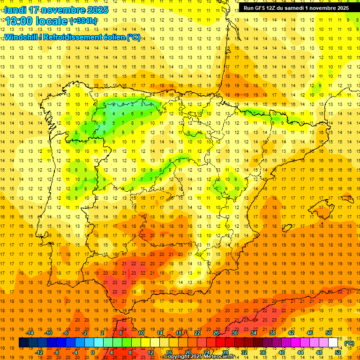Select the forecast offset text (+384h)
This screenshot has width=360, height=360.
pyautogui.click(x=83, y=21)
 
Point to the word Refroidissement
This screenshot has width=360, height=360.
pyautogui.click(x=75, y=37)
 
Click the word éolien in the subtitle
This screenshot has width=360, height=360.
pyautogui.click(x=115, y=37)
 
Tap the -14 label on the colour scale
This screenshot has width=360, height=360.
pyautogui.click(x=30, y=333)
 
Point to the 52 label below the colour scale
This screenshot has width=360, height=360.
pyautogui.click(x=338, y=352)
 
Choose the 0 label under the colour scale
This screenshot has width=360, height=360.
pyautogui.click(x=93, y=352)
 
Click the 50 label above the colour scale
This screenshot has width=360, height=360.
pyautogui.click(x=329, y=333)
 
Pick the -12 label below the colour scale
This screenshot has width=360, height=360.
pyautogui.click(x=39, y=352)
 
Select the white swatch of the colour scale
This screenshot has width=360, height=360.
pyautogui.click(x=333, y=343)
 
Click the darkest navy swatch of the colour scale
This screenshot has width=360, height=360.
pyautogui.click(x=23, y=343)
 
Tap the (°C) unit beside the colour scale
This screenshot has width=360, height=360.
pyautogui.click(x=349, y=343)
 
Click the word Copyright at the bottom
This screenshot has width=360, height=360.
pyautogui.click(x=179, y=357)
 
